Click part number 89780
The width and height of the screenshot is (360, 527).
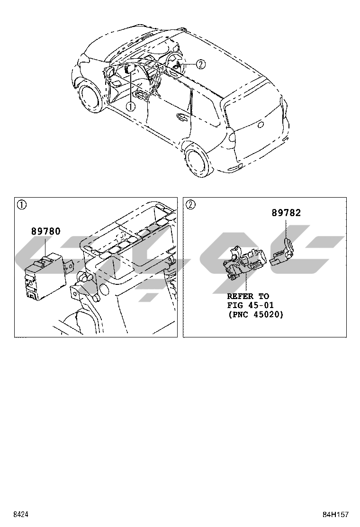[46, 232]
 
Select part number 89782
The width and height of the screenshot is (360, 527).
[286, 213]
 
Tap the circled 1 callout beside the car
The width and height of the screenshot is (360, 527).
[130, 106]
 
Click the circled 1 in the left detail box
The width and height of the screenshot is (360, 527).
[21, 205]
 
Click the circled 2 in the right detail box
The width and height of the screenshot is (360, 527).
[190, 205]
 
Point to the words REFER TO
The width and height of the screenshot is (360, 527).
[248, 296]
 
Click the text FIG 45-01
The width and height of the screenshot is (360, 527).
[251, 305]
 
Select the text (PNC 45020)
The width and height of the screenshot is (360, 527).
[255, 314]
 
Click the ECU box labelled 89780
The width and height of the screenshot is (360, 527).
[44, 277]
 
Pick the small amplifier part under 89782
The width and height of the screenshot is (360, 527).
[283, 251]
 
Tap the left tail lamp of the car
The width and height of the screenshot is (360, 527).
[232, 137]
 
